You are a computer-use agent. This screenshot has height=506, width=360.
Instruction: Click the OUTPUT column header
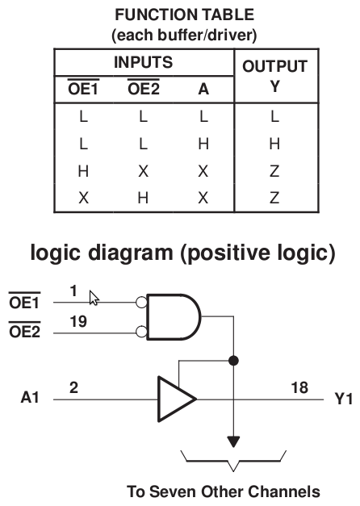[274, 66]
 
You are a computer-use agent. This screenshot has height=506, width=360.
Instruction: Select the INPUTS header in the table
[144, 62]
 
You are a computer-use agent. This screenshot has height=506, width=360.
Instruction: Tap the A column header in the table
[203, 89]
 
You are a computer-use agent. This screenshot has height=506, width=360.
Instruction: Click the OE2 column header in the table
[144, 88]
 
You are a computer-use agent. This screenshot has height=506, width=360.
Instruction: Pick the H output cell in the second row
[274, 144]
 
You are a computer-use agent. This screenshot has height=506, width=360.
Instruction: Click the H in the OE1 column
[83, 171]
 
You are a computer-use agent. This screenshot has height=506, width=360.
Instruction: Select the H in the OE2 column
[143, 198]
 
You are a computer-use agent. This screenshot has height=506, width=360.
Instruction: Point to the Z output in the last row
[274, 198]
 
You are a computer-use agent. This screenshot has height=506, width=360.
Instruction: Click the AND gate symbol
[174, 317]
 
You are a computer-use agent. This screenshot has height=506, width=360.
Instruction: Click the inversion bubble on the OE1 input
[141, 303]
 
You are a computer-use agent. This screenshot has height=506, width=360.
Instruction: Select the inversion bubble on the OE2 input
[141, 332]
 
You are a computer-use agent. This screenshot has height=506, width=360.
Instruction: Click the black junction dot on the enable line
[233, 360]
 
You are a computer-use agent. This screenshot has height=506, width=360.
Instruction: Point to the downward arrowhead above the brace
[233, 441]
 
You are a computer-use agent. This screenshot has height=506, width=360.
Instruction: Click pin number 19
[78, 321]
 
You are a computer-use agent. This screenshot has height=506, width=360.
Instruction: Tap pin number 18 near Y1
[299, 387]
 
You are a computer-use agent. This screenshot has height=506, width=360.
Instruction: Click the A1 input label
[30, 397]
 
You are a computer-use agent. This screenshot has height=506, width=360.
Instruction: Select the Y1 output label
[344, 399]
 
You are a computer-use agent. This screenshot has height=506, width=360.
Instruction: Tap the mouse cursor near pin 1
[94, 298]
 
